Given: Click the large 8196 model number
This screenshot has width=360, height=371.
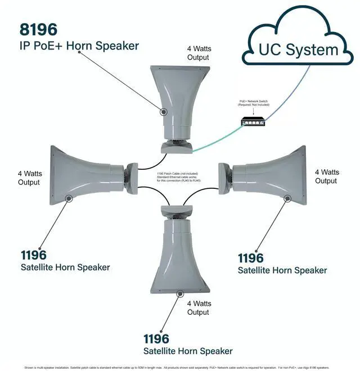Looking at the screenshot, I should point(39,29).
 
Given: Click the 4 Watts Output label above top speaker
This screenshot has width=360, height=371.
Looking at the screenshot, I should point(199,53).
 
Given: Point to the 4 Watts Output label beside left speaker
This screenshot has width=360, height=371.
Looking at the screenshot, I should point(29,178).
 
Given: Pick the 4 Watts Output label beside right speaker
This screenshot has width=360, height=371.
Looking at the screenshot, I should point(326,177).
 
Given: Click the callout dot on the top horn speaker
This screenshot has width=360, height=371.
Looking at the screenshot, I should point(164,112).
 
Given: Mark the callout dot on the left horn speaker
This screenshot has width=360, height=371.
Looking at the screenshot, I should point(69,198).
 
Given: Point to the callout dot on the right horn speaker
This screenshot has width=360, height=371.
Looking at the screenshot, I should point(287,198).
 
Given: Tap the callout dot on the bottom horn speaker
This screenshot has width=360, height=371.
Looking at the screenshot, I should point(180,293).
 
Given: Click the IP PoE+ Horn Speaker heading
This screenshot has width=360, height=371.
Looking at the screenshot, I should point(79,46).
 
